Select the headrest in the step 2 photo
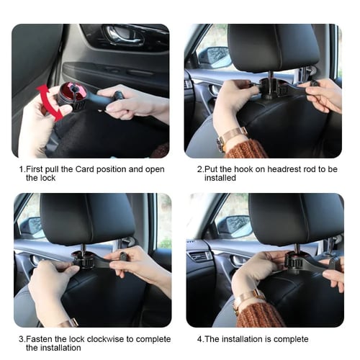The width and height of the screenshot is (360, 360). [273, 48]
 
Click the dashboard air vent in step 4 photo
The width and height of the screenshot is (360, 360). [199, 256]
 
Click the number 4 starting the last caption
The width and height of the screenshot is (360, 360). [199, 339]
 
